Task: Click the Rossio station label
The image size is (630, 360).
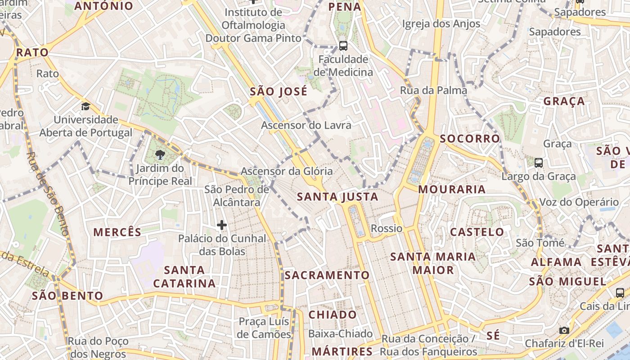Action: coord(386,229)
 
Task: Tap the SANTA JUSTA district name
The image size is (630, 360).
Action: coord(337,197)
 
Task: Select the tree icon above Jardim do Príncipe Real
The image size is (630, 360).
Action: coord(160,155)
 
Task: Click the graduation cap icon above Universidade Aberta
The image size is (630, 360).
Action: coord(85,107)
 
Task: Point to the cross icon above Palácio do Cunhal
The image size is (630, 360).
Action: coord(221,225)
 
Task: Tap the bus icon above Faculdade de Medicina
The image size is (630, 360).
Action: coord(343,45)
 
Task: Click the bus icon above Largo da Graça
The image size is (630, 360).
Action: coord(538,163)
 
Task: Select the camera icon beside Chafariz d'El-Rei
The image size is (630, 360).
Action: coord(564,330)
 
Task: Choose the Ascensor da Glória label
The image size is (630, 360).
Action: coord(287,171)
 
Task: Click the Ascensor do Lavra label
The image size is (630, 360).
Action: coord(306,125)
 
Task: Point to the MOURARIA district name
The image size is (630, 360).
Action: coord(452,189)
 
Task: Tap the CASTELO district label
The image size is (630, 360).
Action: coord(477,232)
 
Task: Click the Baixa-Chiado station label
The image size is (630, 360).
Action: coord(340,334)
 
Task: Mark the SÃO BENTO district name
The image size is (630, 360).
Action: coord(67,296)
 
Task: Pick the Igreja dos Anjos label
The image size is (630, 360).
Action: coord(441,24)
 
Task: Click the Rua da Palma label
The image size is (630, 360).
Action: coord(433,90)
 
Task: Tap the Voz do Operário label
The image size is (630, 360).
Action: coord(579,202)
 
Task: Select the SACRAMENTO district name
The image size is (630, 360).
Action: coord(327,275)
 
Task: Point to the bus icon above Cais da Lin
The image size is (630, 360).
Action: coord(620,292)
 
